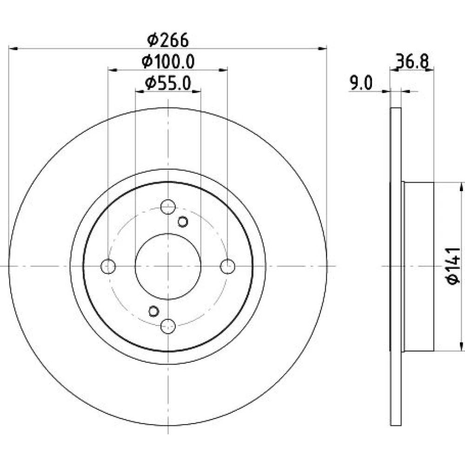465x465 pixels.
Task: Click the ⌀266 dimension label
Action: (168, 40)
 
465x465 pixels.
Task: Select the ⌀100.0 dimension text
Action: (168, 62)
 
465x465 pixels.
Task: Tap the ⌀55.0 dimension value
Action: (168, 83)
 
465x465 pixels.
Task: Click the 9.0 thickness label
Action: (361, 83)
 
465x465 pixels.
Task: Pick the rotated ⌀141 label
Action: (453, 266)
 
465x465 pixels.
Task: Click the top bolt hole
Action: (168, 207)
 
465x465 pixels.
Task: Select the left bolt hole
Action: (108, 266)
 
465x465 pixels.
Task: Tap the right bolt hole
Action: (227, 266)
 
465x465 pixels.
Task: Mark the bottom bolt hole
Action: (168, 326)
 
